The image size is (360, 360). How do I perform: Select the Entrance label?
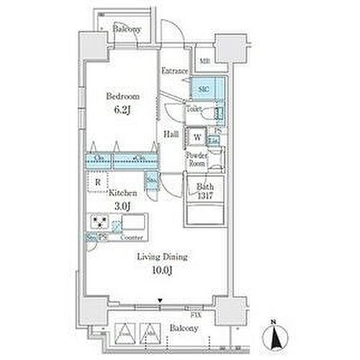coord(174,71)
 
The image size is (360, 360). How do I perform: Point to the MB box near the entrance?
coord(204,60)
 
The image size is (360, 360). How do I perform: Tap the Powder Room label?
coord(196,159)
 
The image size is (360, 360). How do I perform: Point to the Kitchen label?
coord(120,193)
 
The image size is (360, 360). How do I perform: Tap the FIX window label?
coord(194,315)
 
